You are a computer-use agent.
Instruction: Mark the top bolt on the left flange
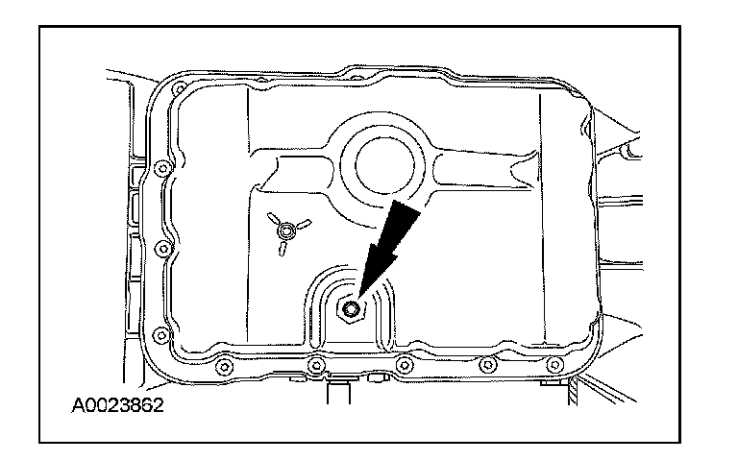coord(161,169)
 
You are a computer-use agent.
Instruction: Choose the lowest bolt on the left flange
coord(161,335)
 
